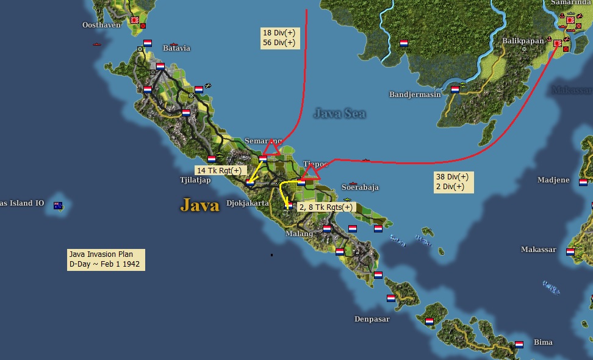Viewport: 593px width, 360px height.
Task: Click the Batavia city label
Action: [x=176, y=48]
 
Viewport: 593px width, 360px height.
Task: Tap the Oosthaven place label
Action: [x=101, y=25]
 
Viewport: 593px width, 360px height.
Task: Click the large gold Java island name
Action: [x=199, y=205]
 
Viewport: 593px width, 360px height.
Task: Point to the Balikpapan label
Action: [x=523, y=41]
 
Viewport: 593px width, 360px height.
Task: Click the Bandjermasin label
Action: [x=415, y=95]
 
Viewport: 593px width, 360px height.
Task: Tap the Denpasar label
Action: [x=372, y=319]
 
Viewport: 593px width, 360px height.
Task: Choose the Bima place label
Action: [x=543, y=342]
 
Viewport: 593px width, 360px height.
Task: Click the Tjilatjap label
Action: [x=195, y=180]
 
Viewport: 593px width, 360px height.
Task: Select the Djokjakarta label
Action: [x=247, y=203]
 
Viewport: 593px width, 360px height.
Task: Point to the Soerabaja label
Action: [x=360, y=187]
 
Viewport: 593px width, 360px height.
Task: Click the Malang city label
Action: [x=299, y=234]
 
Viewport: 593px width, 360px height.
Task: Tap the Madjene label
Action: [x=553, y=180]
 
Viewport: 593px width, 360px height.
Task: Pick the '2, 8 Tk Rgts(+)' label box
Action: [x=325, y=207]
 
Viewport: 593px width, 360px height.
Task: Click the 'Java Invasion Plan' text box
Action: [x=106, y=259]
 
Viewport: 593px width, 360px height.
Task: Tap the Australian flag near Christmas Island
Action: [x=58, y=206]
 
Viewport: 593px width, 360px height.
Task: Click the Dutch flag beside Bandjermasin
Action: [x=455, y=90]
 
